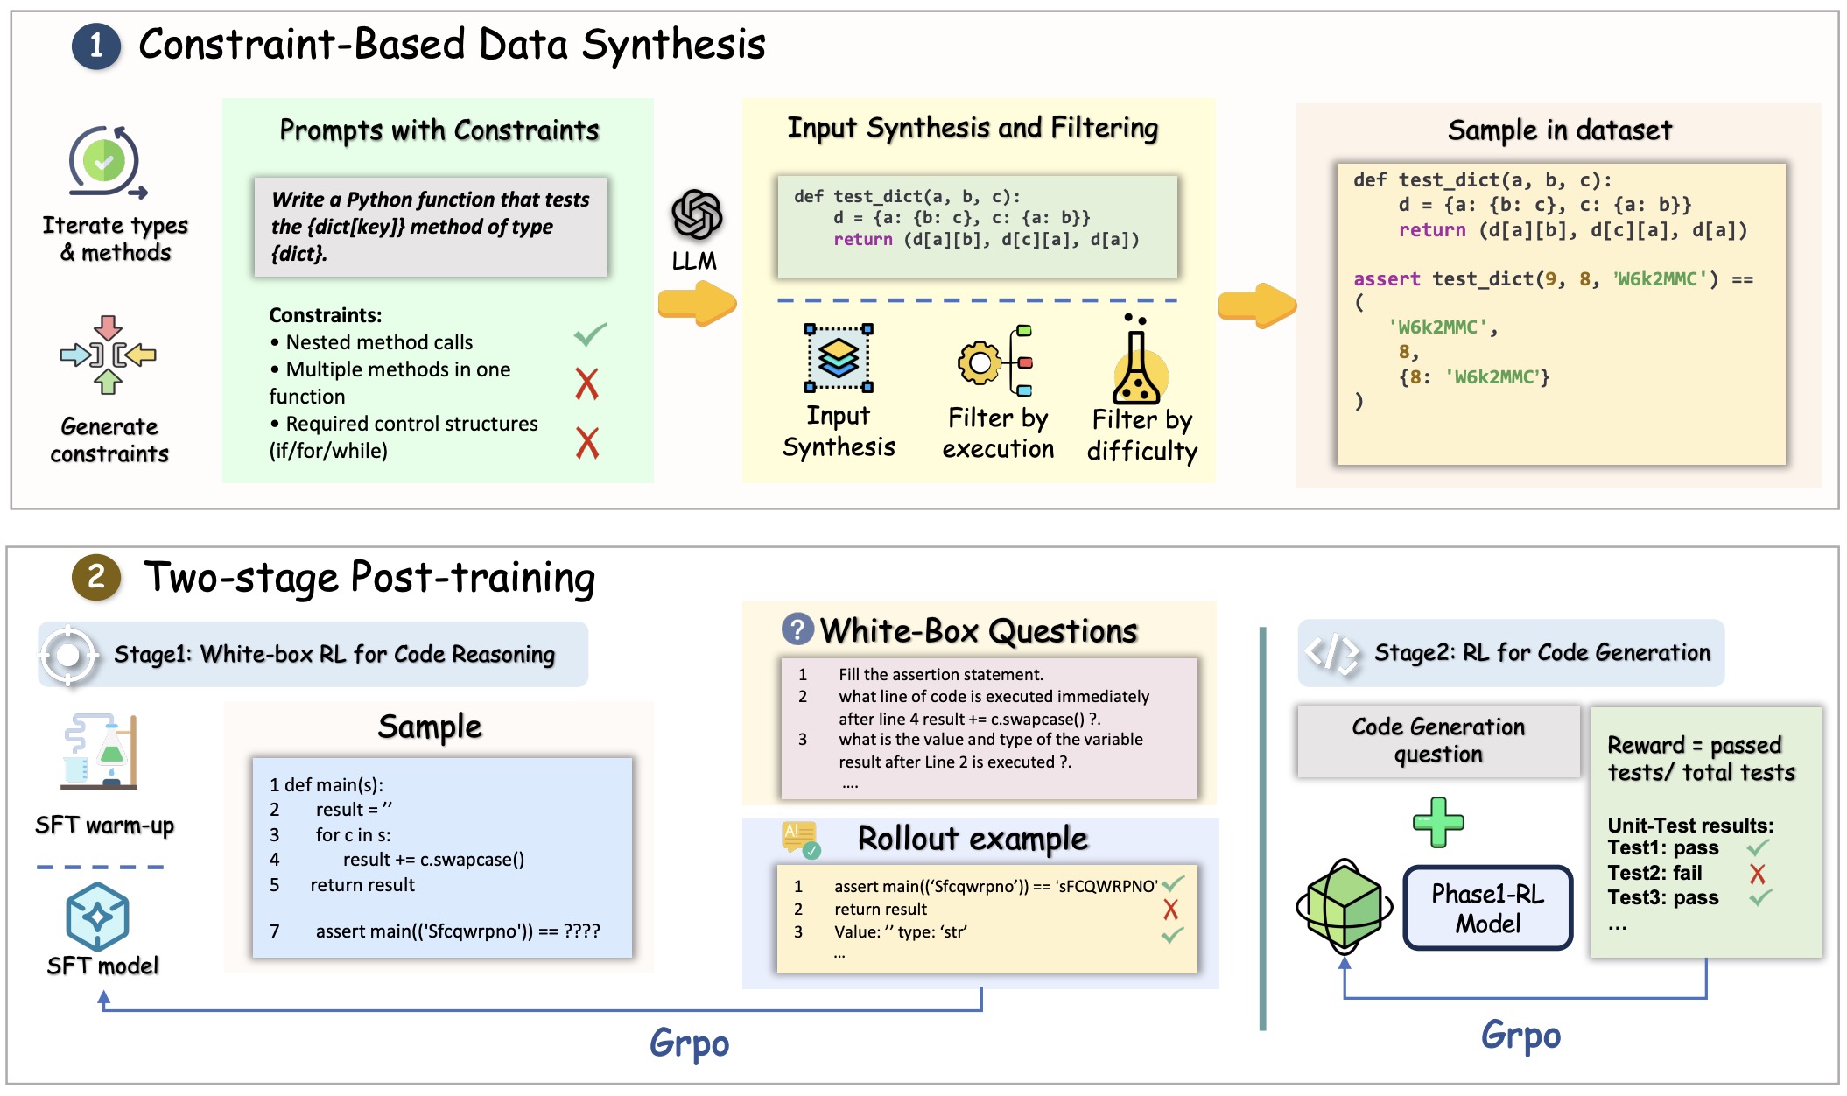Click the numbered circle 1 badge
pyautogui.click(x=96, y=46)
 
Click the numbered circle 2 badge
pyautogui.click(x=96, y=577)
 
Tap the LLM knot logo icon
pyautogui.click(x=697, y=214)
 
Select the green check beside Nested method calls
pyautogui.click(x=591, y=334)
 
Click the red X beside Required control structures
pyautogui.click(x=587, y=443)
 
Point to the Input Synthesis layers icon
pyautogui.click(x=839, y=358)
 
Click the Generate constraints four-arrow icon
pyautogui.click(x=108, y=355)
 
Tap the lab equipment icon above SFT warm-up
pyautogui.click(x=102, y=752)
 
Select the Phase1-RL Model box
pyautogui.click(x=1487, y=908)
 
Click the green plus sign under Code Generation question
pyautogui.click(x=1438, y=822)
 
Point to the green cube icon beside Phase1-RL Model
pyautogui.click(x=1344, y=907)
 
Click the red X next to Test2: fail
pyautogui.click(x=1757, y=874)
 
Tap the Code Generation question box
pyautogui.click(x=1438, y=741)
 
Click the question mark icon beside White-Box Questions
pyautogui.click(x=797, y=629)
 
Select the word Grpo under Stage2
pyautogui.click(x=1520, y=1036)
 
